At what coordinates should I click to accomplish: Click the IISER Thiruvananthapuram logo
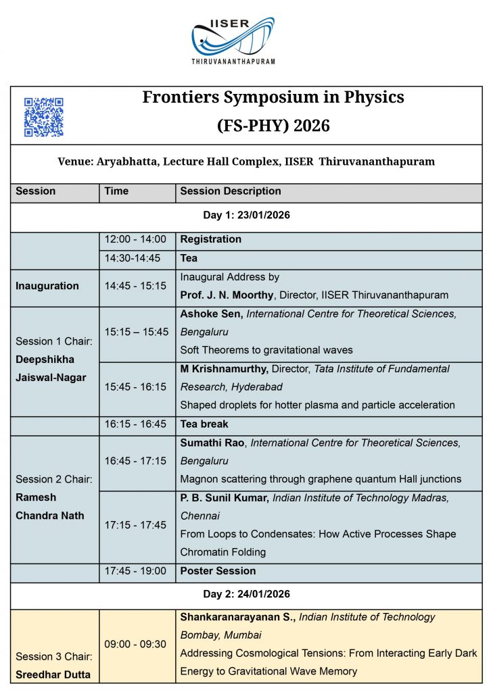233,41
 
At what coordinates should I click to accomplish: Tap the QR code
44,117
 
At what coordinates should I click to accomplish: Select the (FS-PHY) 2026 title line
273,125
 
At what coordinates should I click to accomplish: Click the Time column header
116,191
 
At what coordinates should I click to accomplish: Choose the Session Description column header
230,191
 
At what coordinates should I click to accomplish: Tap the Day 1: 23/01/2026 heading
246,216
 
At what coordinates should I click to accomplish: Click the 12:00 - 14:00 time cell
135,239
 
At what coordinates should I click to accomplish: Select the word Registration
210,239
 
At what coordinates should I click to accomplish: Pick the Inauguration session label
47,286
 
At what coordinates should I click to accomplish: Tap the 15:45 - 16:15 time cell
135,387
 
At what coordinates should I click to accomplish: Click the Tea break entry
204,424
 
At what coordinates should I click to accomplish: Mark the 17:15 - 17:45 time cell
135,525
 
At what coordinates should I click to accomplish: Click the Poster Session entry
218,571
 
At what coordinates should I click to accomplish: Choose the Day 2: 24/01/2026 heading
246,595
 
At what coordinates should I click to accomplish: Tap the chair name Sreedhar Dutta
53,674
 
